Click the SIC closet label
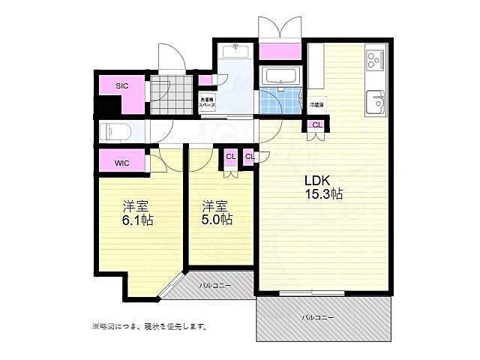121,85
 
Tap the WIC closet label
122,163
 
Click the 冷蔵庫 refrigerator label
316,106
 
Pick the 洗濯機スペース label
207,103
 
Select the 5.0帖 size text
217,220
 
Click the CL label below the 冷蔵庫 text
316,125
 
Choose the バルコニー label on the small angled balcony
214,286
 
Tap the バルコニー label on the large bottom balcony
318,317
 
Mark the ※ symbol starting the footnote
95,326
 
